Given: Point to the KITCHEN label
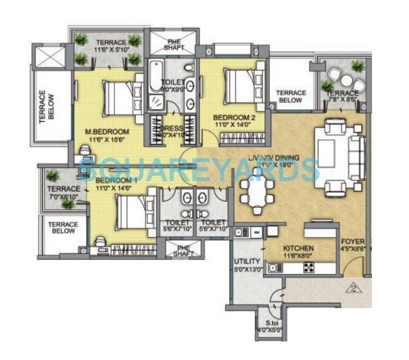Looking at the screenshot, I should [x=299, y=248].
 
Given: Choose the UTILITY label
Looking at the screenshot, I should [x=247, y=261].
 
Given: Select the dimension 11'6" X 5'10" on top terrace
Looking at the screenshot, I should [x=111, y=50].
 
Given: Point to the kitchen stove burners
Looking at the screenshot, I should [x=309, y=268].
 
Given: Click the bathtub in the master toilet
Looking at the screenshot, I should [x=157, y=77].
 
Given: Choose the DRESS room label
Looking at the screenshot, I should [x=173, y=128].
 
